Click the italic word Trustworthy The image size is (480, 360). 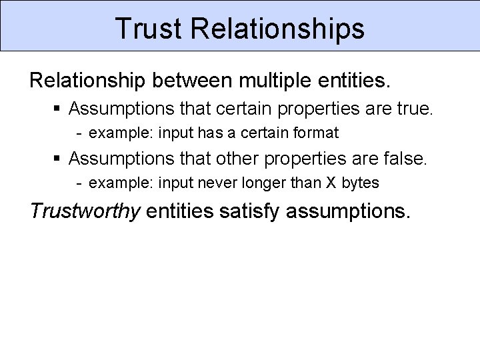[85, 211]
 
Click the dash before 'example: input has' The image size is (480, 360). [79, 133]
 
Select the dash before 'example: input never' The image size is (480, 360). [79, 183]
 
